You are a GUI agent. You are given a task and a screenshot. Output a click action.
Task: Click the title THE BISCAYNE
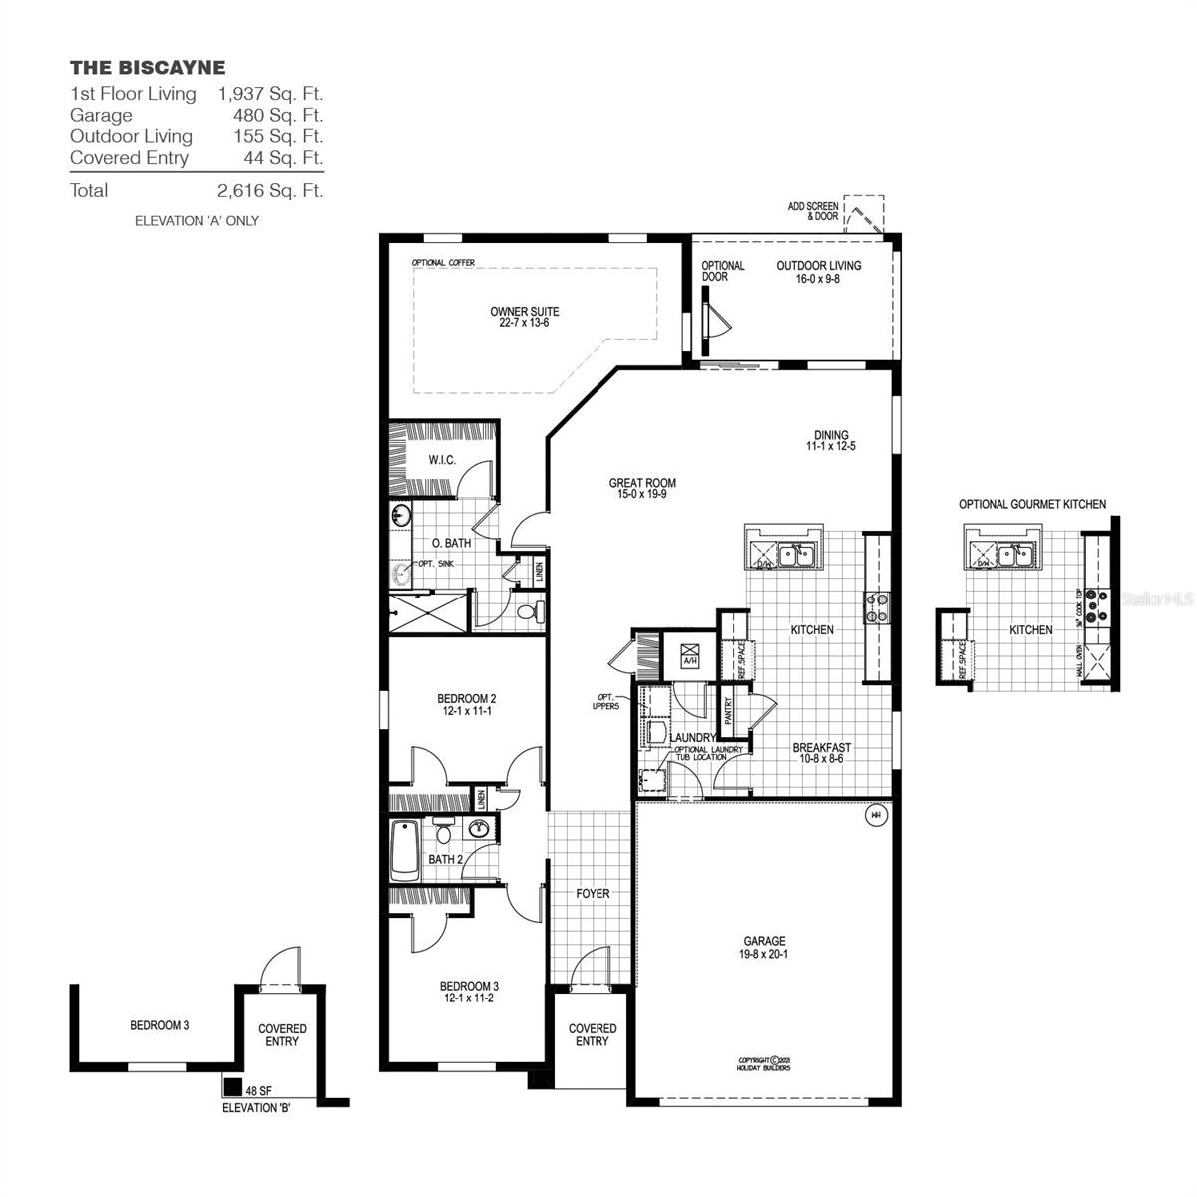(148, 68)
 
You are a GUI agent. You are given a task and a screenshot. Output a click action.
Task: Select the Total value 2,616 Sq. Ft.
(270, 190)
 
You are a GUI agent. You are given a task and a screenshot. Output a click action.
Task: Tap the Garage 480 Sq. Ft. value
(270, 115)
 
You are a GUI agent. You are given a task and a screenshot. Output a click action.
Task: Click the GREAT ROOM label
(642, 488)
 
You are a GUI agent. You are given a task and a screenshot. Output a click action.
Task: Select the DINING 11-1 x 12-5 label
(830, 440)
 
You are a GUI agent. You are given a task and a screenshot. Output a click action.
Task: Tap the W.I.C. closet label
(442, 460)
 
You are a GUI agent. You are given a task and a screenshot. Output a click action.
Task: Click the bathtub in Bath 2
(404, 849)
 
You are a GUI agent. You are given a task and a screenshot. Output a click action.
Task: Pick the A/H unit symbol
(689, 656)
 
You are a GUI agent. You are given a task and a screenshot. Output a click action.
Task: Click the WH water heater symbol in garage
(876, 815)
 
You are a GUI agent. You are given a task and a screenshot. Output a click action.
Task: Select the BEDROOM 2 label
(466, 704)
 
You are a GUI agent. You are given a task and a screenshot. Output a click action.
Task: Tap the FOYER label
(593, 894)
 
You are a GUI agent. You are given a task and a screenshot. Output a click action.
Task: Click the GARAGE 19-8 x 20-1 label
(764, 947)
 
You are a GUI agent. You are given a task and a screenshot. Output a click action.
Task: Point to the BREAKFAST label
(822, 753)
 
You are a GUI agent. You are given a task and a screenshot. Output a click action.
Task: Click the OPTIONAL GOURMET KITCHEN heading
(1031, 505)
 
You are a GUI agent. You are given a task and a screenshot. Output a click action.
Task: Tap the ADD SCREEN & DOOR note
(812, 211)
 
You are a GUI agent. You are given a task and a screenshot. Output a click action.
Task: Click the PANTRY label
(729, 709)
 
